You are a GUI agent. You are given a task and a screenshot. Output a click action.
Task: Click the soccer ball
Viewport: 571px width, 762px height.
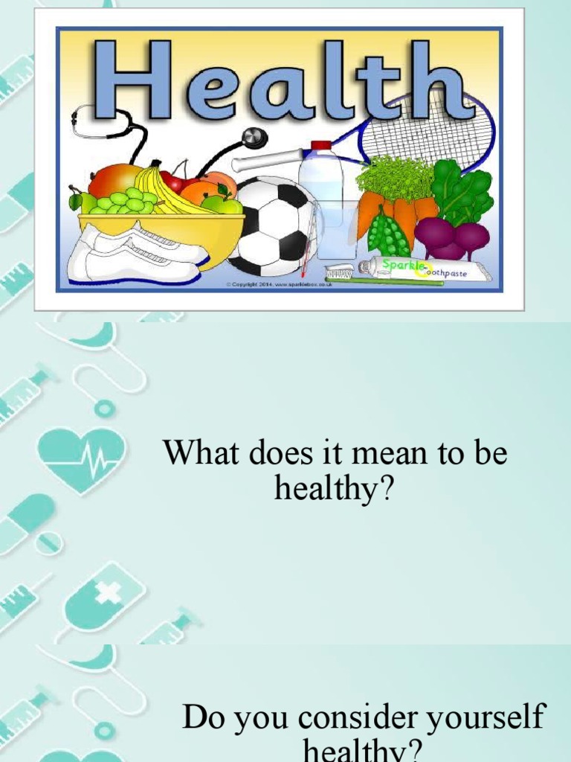273,225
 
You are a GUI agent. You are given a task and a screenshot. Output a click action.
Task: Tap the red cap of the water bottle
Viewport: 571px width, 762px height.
320,146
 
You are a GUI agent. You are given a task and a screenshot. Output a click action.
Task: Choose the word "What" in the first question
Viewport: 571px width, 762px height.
195,452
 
